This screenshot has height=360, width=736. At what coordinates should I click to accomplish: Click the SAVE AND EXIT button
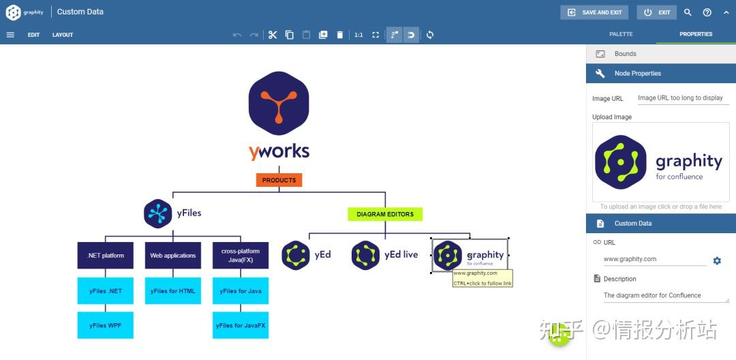[x=594, y=12]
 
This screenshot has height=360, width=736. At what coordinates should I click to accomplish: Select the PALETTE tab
[x=621, y=34]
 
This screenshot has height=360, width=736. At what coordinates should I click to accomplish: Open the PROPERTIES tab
[x=696, y=34]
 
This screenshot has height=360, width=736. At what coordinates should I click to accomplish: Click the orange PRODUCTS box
[x=279, y=180]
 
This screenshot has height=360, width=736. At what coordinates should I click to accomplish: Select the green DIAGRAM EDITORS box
[x=385, y=214]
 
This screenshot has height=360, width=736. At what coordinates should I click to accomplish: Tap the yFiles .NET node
[x=106, y=291]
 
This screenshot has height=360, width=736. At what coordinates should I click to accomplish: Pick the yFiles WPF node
[x=106, y=325]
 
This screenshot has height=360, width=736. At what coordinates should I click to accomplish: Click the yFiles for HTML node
[x=173, y=291]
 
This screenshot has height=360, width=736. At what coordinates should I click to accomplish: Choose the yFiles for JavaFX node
[x=241, y=325]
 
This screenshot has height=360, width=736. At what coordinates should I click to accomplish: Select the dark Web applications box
[x=173, y=256]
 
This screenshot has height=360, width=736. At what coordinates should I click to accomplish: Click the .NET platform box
[x=106, y=256]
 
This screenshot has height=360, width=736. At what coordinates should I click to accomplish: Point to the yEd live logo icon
[x=365, y=255]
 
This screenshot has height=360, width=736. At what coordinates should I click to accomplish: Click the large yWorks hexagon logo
[x=279, y=103]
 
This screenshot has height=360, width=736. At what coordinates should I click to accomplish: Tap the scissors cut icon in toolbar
[x=273, y=35]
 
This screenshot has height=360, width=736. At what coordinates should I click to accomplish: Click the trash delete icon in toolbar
[x=340, y=35]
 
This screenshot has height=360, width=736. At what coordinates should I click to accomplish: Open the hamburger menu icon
[x=10, y=35]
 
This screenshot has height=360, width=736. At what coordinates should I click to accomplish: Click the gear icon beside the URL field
[x=717, y=260]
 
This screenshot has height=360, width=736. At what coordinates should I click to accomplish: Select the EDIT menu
[x=34, y=35]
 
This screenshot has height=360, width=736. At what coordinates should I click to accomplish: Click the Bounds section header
[x=625, y=54]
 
